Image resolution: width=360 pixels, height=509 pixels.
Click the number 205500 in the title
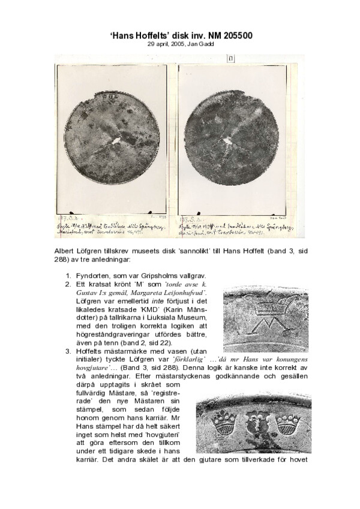(x=233, y=36)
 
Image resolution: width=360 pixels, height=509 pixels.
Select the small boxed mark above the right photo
(x=231, y=58)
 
